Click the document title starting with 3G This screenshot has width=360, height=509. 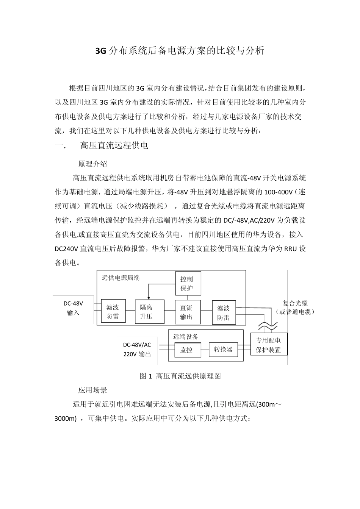pyautogui.click(x=180, y=51)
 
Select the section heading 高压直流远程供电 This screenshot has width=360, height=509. pyautogui.click(x=114, y=145)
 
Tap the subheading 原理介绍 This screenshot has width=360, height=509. pyautogui.click(x=92, y=164)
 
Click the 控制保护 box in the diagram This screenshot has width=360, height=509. pyautogui.click(x=188, y=283)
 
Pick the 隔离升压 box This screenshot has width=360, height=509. pyautogui.click(x=149, y=312)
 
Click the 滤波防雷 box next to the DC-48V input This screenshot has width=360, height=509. pyautogui.click(x=113, y=312)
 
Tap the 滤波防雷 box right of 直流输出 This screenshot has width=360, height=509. pyautogui.click(x=223, y=313)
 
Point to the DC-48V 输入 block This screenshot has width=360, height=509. pyautogui.click(x=73, y=308)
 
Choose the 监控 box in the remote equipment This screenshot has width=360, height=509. pyautogui.click(x=186, y=350)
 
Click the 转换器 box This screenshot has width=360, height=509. pyautogui.click(x=223, y=350)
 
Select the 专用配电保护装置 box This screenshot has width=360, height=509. pyautogui.click(x=268, y=345)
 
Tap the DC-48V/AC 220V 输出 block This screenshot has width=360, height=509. pyautogui.click(x=137, y=349)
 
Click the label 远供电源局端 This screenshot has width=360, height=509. pyautogui.click(x=121, y=278)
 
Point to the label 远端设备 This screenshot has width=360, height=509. pyautogui.click(x=186, y=337)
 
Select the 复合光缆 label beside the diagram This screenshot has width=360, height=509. pyautogui.click(x=295, y=303)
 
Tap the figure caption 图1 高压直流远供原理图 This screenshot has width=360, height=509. pyautogui.click(x=180, y=376)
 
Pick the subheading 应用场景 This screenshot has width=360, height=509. pyautogui.click(x=92, y=390)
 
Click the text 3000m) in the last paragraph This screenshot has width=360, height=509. pyautogui.click(x=66, y=418)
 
